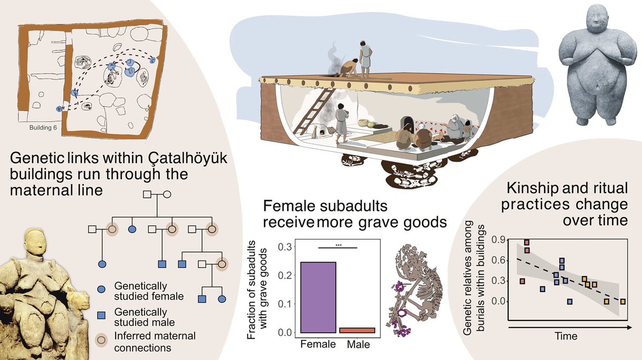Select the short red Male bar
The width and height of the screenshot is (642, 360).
[x=358, y=331]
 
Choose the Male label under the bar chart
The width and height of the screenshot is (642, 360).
[x=358, y=345]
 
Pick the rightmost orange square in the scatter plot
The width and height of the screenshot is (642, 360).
[x=623, y=302]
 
